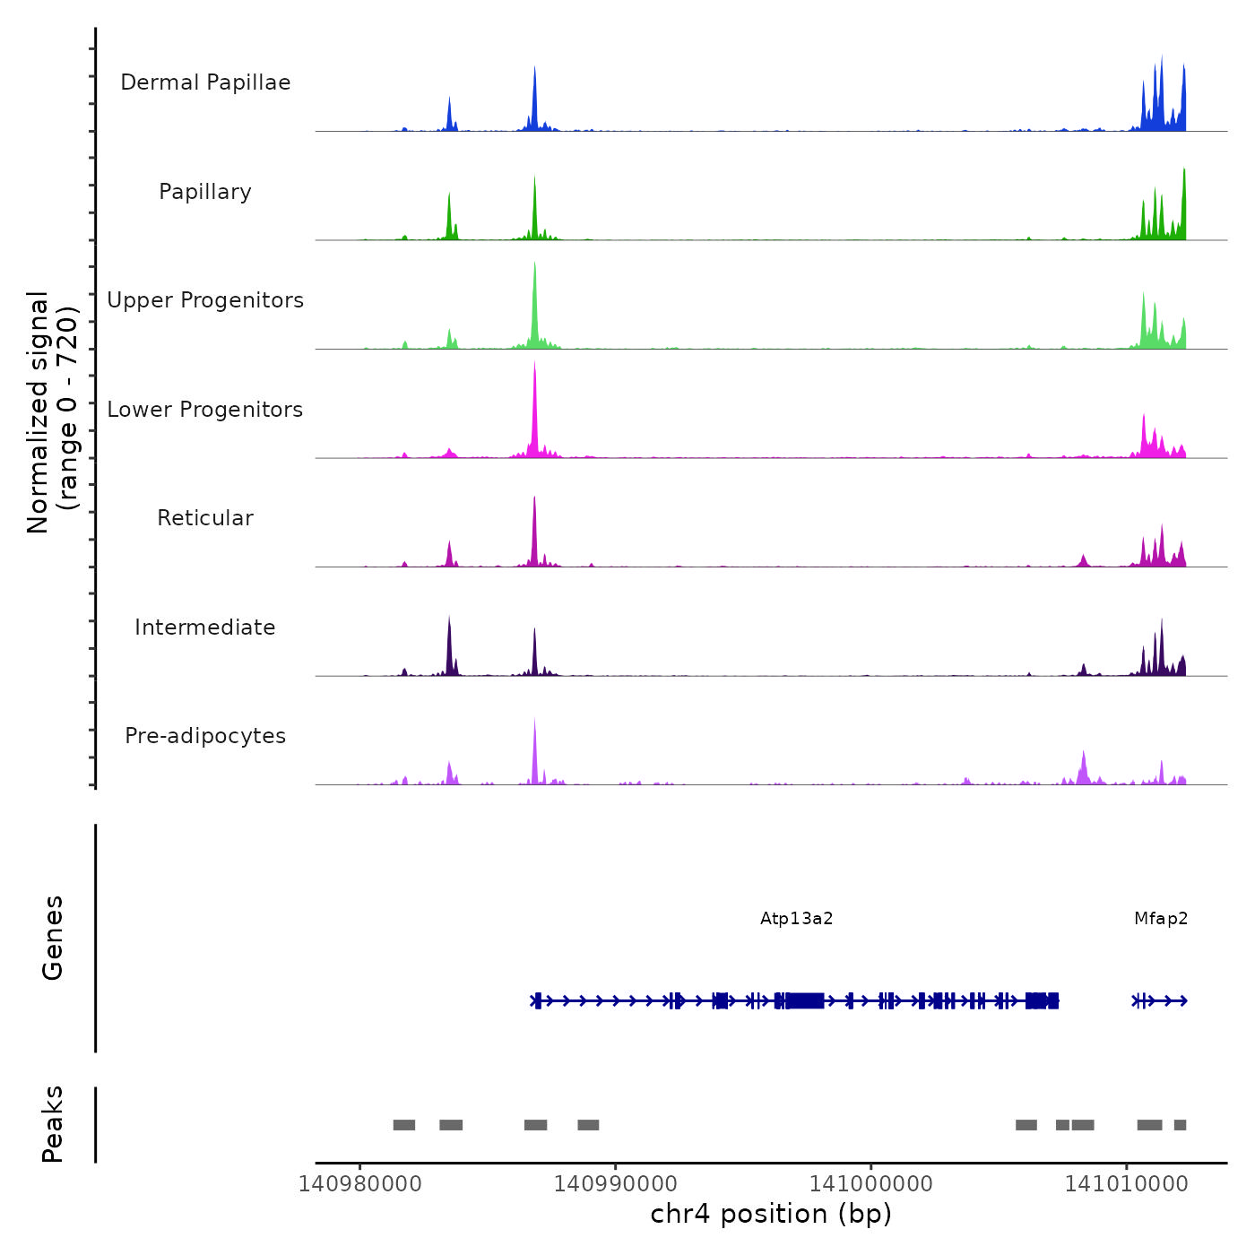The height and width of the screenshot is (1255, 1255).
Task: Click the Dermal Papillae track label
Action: (205, 82)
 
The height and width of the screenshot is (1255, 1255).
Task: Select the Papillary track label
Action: (205, 192)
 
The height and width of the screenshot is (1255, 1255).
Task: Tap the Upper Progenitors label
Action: (205, 300)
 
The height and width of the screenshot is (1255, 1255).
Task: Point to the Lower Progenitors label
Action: (205, 410)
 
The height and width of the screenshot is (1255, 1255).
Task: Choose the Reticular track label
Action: (205, 518)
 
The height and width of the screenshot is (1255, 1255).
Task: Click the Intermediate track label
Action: (205, 627)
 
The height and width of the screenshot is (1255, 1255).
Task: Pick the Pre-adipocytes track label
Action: (205, 736)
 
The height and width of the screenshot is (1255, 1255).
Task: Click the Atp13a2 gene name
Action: (796, 919)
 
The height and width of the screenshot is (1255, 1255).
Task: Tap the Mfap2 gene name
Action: (1161, 919)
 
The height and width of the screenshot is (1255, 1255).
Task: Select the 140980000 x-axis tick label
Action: (359, 1184)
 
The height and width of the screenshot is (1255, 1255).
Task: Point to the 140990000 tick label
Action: (615, 1184)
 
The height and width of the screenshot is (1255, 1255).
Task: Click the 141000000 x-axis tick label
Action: (870, 1184)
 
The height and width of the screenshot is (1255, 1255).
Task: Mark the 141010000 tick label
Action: (1126, 1184)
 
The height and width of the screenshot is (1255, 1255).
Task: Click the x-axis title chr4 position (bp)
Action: (771, 1215)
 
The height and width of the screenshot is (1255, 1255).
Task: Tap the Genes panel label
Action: (53, 938)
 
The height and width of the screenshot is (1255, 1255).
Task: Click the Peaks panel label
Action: (53, 1124)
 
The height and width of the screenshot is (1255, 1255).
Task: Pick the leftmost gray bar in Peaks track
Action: (404, 1125)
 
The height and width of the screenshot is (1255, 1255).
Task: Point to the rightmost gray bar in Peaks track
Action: (1180, 1125)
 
